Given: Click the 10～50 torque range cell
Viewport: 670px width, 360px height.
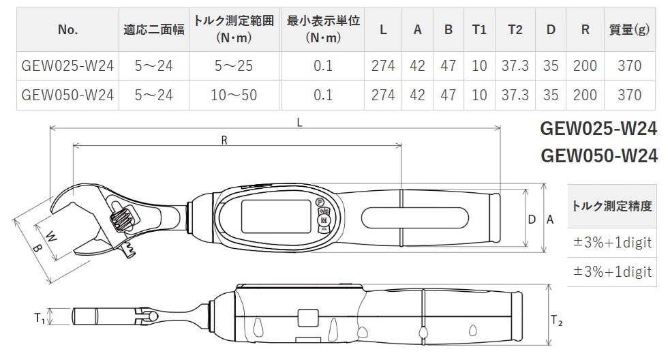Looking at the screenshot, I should click(234, 94).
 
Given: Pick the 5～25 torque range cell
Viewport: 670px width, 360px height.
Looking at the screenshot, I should click(234, 66).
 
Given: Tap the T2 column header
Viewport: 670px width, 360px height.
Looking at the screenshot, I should click(515, 29).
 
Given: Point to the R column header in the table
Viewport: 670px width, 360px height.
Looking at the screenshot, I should click(585, 29).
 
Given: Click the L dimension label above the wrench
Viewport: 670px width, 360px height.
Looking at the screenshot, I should click(301, 122).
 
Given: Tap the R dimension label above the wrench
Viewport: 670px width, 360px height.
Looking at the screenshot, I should click(224, 140).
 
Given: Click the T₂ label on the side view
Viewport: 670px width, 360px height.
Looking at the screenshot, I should click(557, 319).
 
